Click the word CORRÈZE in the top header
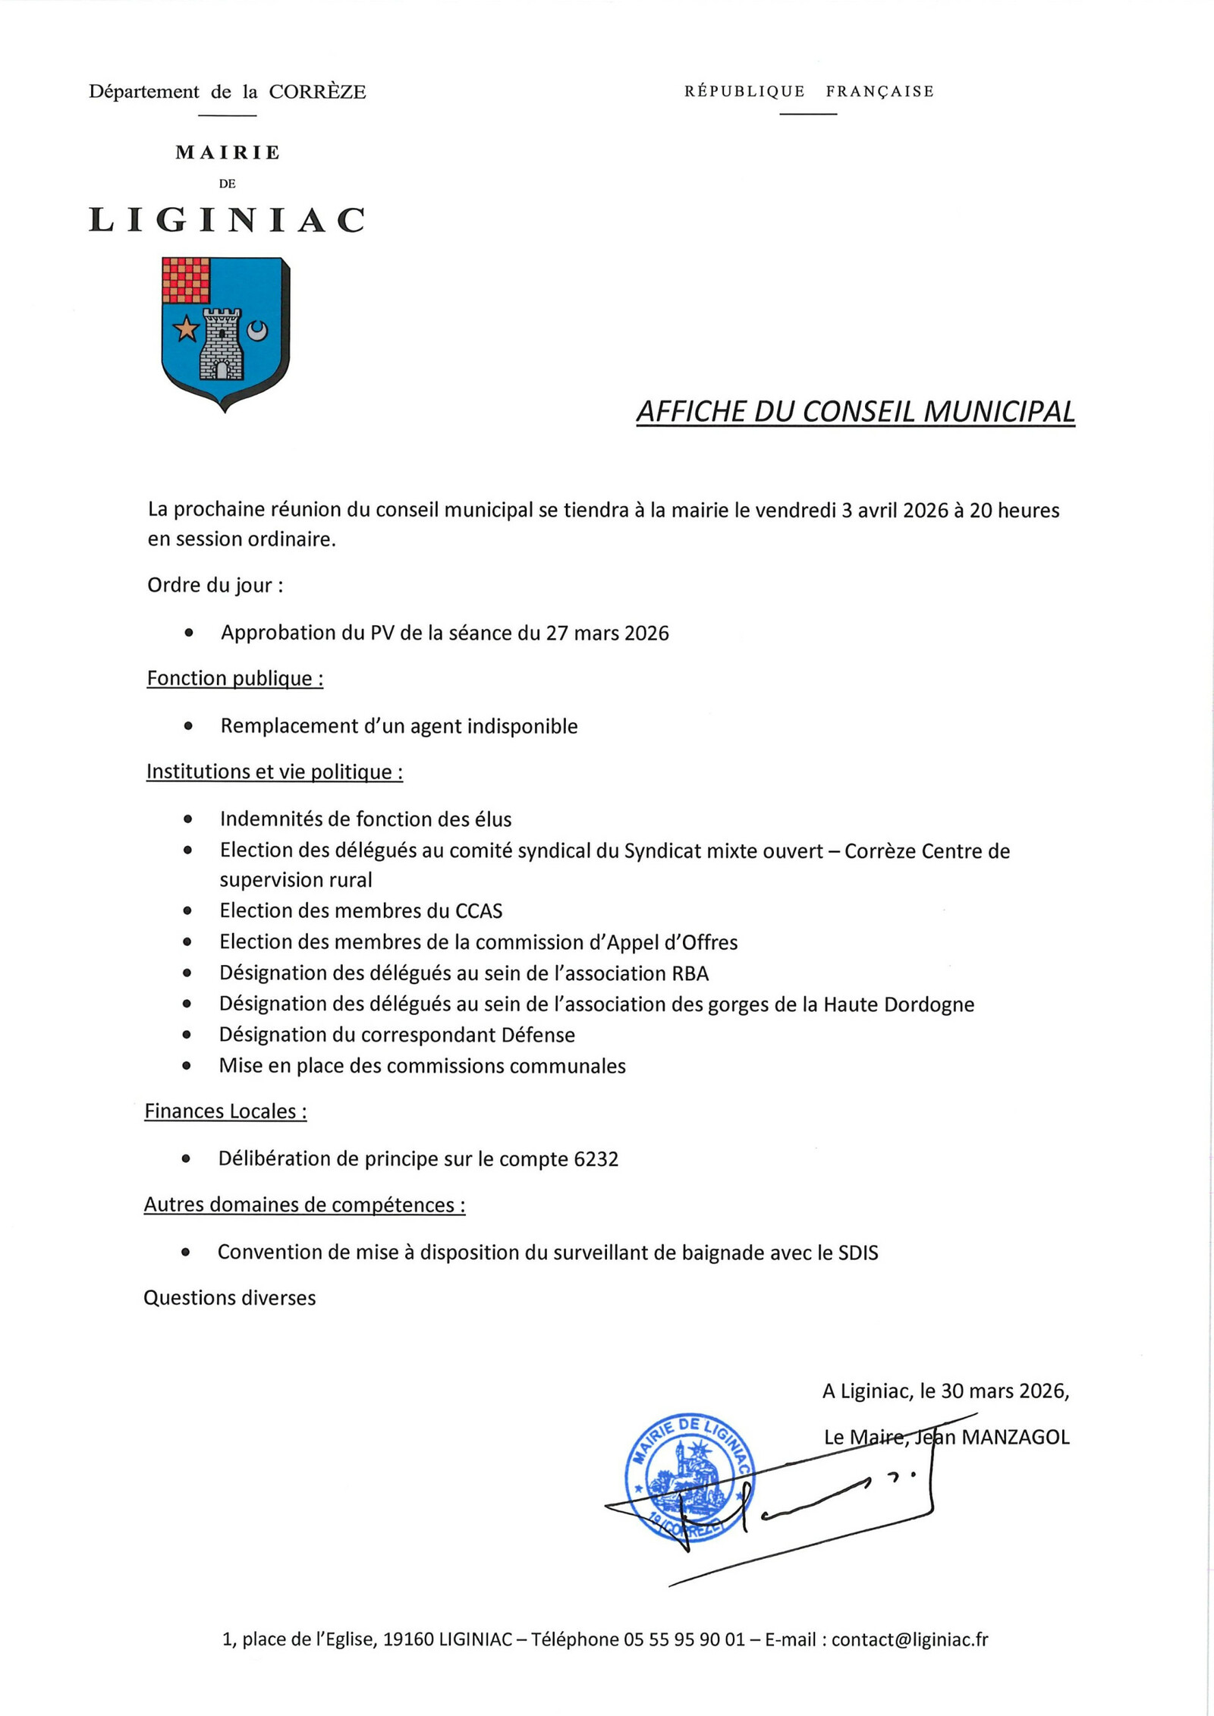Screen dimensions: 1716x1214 pos(317,92)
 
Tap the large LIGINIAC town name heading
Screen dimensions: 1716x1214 pos(227,221)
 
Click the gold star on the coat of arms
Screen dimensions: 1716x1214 pos(186,329)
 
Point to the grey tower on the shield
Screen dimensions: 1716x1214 pos(221,344)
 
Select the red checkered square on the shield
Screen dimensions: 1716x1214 pos(186,281)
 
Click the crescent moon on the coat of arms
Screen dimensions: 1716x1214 pos(258,331)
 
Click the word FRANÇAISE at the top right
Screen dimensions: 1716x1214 pos(879,92)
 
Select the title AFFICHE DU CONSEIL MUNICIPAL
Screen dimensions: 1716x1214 pos(855,412)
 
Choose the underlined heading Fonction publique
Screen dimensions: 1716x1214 pos(234,678)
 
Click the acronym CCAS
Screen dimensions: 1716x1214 pos(479,911)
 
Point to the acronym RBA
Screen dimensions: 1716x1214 pos(690,973)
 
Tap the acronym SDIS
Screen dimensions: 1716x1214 pos(858,1252)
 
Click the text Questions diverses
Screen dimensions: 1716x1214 pos(229,1298)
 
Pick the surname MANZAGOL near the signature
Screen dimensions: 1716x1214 pos(1015,1438)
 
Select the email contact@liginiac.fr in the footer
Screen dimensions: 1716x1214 pos(909,1639)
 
